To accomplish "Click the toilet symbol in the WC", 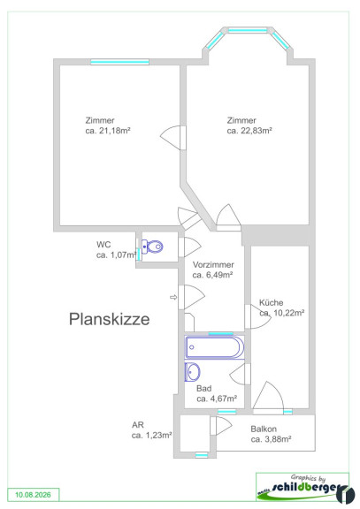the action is point(152,247).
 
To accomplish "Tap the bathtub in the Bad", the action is point(214,347).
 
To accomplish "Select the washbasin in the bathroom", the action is point(192,372).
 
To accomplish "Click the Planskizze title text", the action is point(109,319).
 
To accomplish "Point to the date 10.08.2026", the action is point(33,495).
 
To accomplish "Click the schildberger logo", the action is point(305,490).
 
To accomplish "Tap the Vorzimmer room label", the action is point(213,264).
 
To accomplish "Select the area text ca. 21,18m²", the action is point(108,131).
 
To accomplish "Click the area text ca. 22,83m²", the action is point(249,131).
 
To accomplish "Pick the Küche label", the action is point(271,302).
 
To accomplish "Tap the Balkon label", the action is point(264,429).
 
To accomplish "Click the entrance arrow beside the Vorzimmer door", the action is point(173,297).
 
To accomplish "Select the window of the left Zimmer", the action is point(119,62).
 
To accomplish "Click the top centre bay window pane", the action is point(248,30).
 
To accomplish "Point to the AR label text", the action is point(138,425).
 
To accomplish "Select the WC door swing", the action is point(189,247).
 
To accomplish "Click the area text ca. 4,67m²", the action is point(217,399).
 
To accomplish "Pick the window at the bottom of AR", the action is point(202,455).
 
